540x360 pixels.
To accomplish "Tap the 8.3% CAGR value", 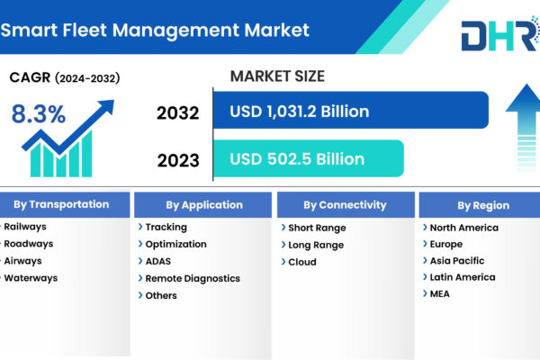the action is coord(39,113).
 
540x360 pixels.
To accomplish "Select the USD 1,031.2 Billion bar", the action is coord(351,110).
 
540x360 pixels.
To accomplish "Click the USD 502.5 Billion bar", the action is coord(308,158).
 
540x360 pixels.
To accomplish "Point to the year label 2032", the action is coord(177,113).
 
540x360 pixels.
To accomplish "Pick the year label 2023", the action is coord(178,160).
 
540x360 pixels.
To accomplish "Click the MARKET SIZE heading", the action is coord(277,76).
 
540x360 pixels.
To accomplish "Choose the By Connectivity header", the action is coord(346,205).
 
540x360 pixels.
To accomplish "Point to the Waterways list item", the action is coord(31,278).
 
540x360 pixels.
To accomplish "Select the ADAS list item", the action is coord(158,261).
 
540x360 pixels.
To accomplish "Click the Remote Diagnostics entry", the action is coord(193,278).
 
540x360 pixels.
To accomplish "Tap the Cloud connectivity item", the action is coord(302,262).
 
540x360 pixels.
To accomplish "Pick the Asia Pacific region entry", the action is coord(457,261).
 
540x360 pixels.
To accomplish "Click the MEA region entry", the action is coord(440,294).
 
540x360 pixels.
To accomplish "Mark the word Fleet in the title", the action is coord(85,30).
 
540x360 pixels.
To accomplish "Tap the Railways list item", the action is coord(25,227).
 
